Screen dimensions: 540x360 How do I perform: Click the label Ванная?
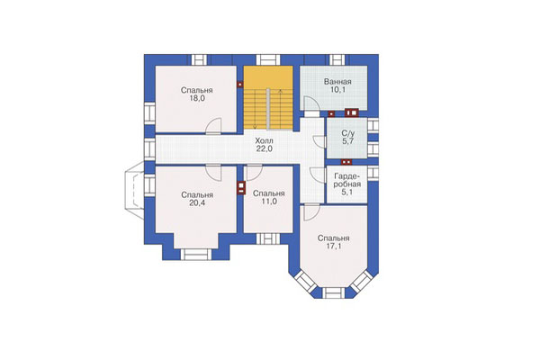point(337,82)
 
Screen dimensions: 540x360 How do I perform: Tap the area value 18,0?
point(197,98)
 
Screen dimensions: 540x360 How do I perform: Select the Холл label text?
point(265,140)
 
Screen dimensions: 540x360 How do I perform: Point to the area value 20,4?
point(197,202)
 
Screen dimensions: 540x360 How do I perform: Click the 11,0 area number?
point(268,202)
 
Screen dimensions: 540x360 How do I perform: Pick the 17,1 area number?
point(333,247)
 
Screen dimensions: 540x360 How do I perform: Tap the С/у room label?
point(347,133)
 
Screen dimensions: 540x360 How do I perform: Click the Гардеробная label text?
point(347,180)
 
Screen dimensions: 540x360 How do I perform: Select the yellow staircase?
point(268,97)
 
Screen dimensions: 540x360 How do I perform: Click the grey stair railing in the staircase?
point(268,109)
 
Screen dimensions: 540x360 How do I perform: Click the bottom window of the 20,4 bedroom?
point(195,254)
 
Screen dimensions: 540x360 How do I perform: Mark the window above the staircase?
point(268,59)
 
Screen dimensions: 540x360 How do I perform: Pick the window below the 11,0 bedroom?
point(268,238)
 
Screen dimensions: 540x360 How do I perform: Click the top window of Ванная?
point(337,59)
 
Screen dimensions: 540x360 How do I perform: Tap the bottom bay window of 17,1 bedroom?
point(333,292)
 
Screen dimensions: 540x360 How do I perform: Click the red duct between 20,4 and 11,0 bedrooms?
point(240,188)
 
